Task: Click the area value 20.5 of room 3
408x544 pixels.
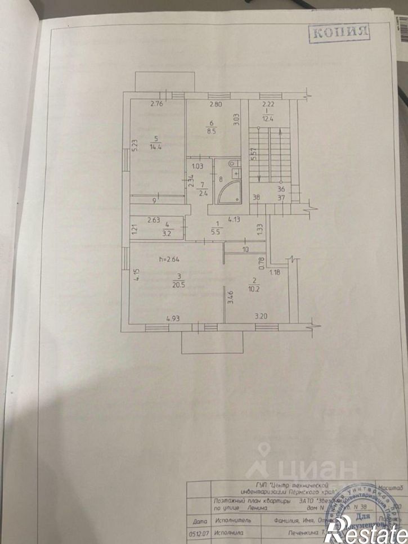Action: point(180,285)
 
